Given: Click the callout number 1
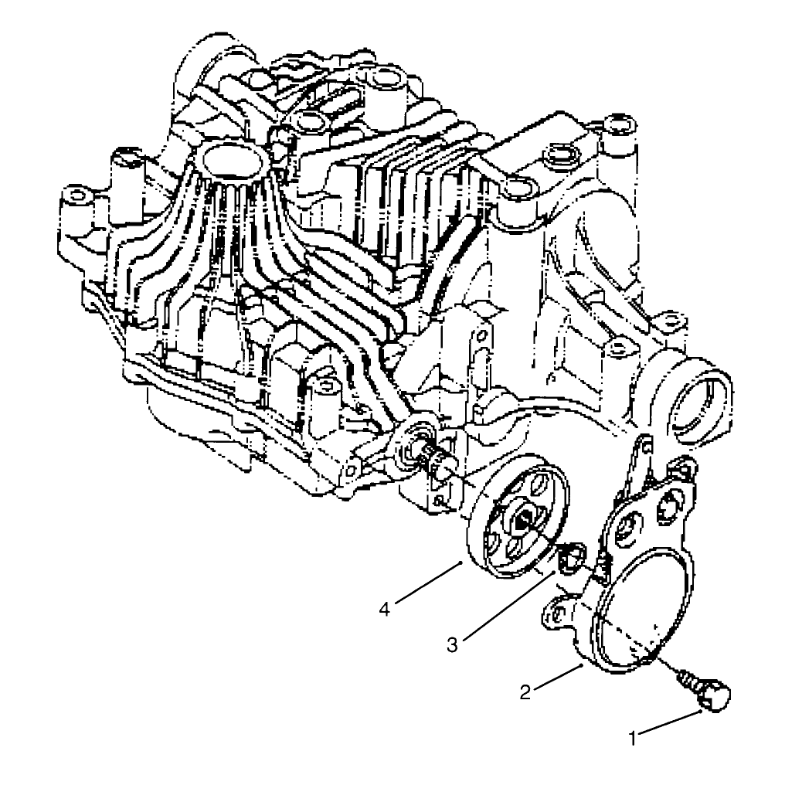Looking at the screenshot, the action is coord(633,737).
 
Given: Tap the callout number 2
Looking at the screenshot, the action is coord(525,692).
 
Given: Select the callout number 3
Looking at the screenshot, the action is coord(452,644).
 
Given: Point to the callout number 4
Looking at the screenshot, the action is coord(385,609).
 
